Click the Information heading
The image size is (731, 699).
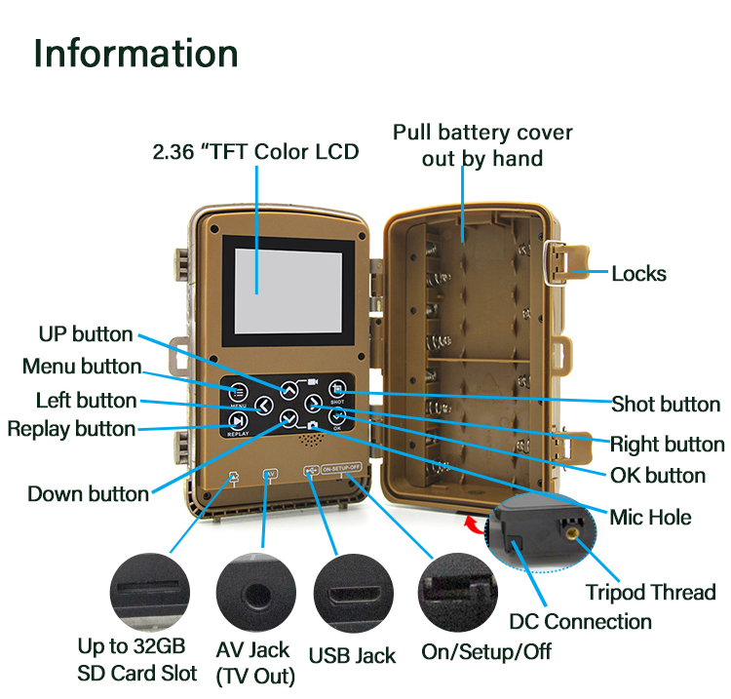[x=135, y=53]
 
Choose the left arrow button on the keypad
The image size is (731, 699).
[x=263, y=405]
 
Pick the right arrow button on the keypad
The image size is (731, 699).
[x=313, y=404]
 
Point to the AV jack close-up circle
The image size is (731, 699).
[x=255, y=593]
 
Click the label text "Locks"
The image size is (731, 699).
[x=638, y=274]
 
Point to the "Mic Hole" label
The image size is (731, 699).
[x=649, y=517]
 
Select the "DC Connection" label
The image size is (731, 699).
[x=581, y=622]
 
